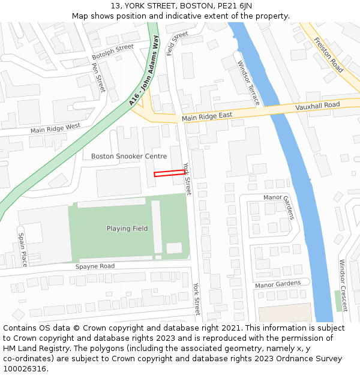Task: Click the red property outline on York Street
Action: point(169,173)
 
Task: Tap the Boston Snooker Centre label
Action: point(129,156)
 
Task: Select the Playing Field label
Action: point(127,229)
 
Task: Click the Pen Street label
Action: point(98,77)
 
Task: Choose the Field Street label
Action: point(177,43)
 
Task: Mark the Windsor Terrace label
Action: point(248,83)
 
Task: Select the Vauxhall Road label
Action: point(317,106)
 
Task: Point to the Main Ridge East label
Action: point(207,116)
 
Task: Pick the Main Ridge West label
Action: point(55,128)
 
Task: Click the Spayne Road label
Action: point(95,266)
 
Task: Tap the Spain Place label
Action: point(22,250)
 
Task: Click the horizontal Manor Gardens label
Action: point(277,284)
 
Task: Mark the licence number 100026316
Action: point(25,368)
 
